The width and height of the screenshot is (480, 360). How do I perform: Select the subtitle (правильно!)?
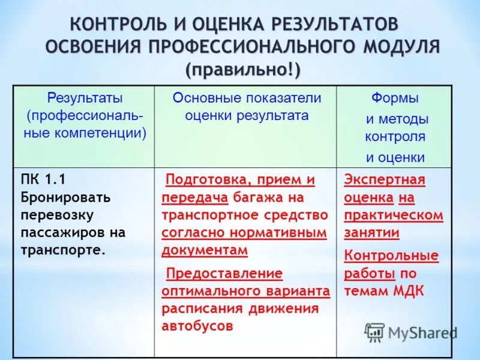(243, 69)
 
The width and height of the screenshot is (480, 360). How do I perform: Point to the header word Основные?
(208, 98)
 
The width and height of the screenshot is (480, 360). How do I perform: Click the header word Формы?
(394, 98)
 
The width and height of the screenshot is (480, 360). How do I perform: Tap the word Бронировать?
(65, 197)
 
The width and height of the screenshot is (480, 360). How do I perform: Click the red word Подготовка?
(205, 179)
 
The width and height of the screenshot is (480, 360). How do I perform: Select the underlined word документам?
(204, 250)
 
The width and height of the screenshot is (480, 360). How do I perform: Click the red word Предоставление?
(224, 273)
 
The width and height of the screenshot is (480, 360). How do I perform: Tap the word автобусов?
(197, 326)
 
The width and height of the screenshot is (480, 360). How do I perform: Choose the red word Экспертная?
(385, 179)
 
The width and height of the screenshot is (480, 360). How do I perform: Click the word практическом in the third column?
(394, 215)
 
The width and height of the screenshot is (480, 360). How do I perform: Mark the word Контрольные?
(391, 256)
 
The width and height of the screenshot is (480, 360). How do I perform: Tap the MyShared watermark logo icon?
(374, 331)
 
